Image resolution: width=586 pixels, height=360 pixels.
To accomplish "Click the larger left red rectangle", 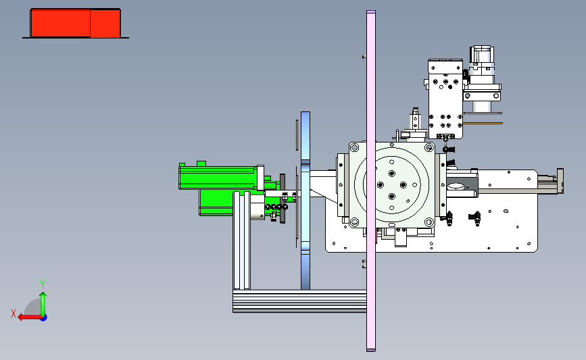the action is click(x=61, y=24).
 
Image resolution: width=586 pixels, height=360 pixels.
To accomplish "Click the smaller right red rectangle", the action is click(x=105, y=24).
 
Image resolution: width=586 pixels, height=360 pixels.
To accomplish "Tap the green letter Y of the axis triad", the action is click(x=43, y=284).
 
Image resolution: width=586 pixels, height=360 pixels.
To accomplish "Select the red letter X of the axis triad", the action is click(x=14, y=313).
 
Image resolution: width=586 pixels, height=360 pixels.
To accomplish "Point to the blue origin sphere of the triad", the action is click(x=43, y=318).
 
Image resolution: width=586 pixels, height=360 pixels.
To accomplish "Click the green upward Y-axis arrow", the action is click(x=43, y=304).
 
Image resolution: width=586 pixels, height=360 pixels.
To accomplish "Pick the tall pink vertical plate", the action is click(x=371, y=181).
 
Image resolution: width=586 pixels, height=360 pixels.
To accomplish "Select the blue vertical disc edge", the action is click(x=306, y=201).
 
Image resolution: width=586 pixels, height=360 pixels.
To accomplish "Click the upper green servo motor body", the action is click(x=218, y=178).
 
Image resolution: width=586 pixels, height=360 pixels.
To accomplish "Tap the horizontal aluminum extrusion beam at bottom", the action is click(x=299, y=301).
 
